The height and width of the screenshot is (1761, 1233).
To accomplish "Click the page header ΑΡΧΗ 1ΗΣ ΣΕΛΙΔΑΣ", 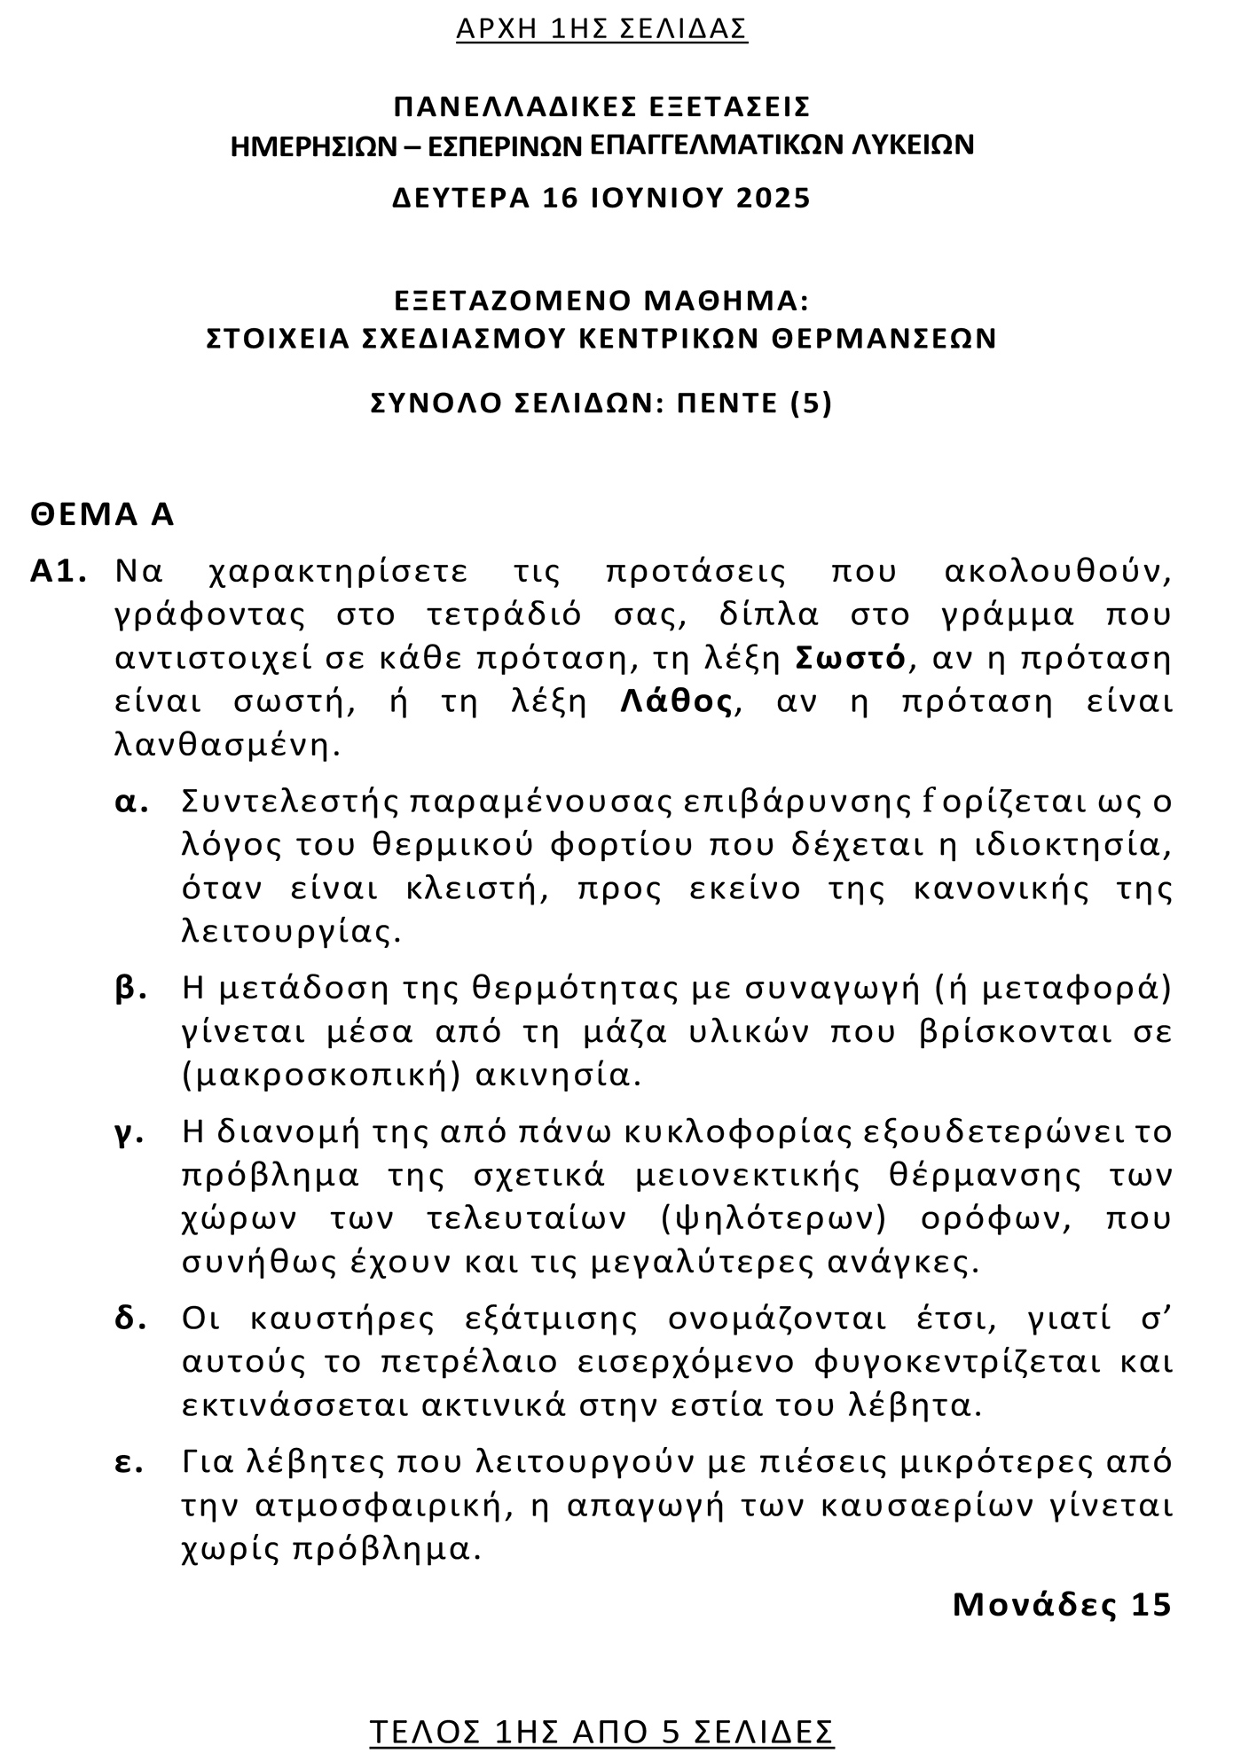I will [601, 29].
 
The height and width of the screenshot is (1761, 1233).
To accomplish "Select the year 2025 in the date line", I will [774, 197].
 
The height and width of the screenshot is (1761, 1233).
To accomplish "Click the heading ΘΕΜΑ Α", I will [102, 514].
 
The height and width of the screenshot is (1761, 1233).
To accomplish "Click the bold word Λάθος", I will [677, 701].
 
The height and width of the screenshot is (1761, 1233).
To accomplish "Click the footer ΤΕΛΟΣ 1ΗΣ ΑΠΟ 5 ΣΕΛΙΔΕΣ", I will [601, 1731].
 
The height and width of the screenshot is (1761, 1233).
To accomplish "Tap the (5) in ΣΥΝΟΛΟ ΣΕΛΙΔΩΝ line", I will [811, 403].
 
